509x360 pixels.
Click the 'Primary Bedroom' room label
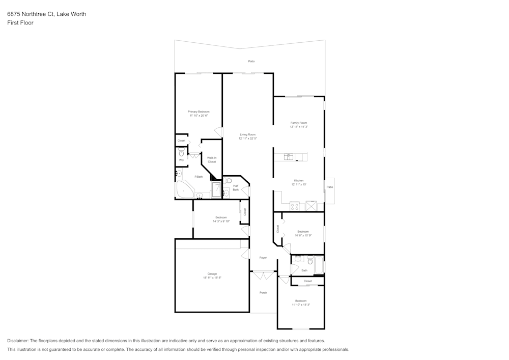click(199, 112)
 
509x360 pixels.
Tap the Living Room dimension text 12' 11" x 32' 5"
click(248, 139)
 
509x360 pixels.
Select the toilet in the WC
click(181, 152)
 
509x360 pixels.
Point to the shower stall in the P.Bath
click(216, 189)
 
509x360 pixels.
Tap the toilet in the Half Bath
click(229, 181)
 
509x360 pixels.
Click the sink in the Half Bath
click(225, 192)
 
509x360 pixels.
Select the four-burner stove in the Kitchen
click(294, 206)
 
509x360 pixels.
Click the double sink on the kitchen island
click(289, 157)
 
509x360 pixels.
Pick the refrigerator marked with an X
click(310, 206)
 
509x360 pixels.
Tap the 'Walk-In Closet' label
click(212, 160)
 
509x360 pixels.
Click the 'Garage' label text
click(212, 274)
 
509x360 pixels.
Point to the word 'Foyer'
click(263, 258)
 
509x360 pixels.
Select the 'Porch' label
click(263, 293)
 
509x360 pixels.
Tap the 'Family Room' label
click(299, 123)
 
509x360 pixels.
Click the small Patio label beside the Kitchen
click(330, 187)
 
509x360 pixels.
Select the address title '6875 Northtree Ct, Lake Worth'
click(46, 14)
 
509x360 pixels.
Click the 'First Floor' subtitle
click(20, 23)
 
